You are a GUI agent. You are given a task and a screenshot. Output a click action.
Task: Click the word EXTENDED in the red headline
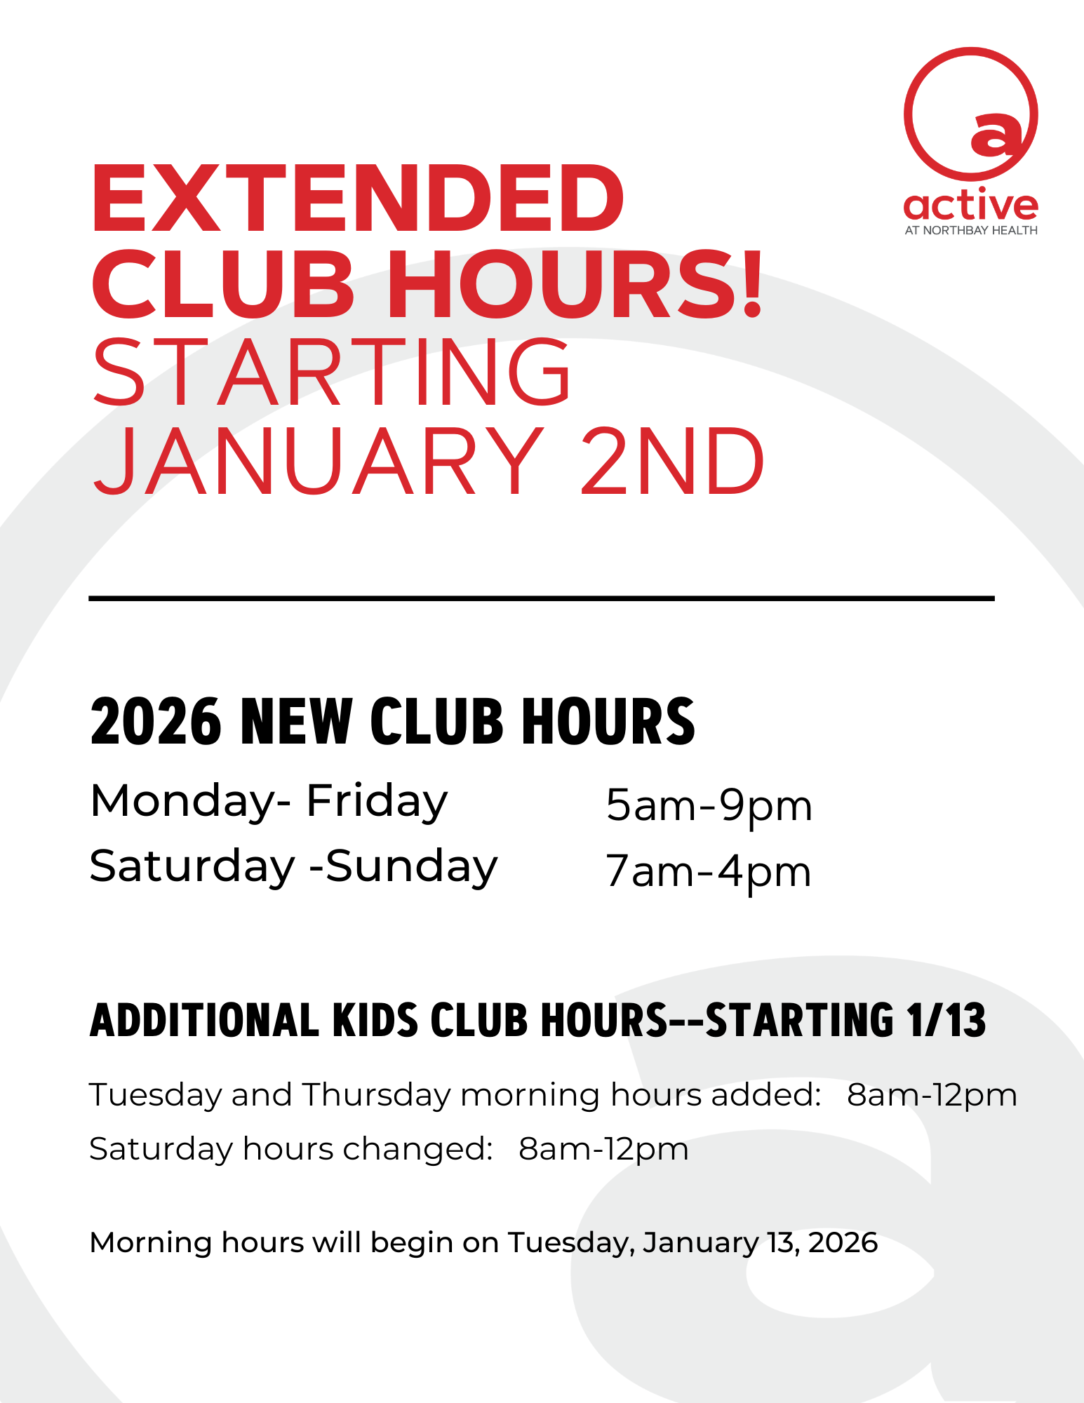pos(357,198)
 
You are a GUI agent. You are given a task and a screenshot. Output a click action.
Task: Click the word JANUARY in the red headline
pos(319,461)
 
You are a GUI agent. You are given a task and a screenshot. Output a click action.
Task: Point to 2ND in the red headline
pos(673,461)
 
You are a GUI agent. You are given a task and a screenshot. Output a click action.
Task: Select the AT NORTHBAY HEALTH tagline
pos(971,231)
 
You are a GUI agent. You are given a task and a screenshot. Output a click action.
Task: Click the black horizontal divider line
pos(542,598)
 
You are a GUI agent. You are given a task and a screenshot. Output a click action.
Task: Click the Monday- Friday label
pos(269,802)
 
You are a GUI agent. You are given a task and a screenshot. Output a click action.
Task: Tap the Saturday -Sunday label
pos(294,867)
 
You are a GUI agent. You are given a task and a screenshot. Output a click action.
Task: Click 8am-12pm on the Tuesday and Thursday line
pos(932,1096)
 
